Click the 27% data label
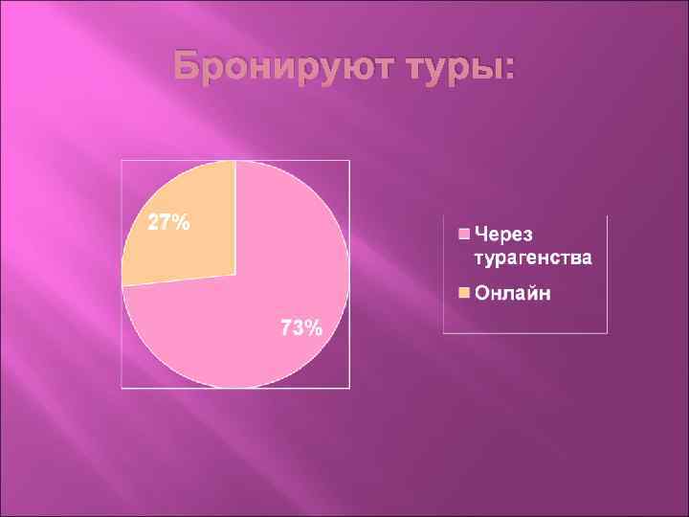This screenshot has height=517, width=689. (x=167, y=223)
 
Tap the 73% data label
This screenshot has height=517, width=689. (x=300, y=328)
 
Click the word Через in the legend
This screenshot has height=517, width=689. (x=504, y=236)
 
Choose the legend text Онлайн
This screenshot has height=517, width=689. (x=513, y=292)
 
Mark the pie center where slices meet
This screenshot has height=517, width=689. (x=235, y=274)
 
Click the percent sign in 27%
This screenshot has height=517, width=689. (x=181, y=223)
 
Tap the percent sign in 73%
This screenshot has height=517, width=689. (x=313, y=328)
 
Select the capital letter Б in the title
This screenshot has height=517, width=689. (x=187, y=69)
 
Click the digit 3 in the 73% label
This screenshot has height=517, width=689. (x=297, y=328)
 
